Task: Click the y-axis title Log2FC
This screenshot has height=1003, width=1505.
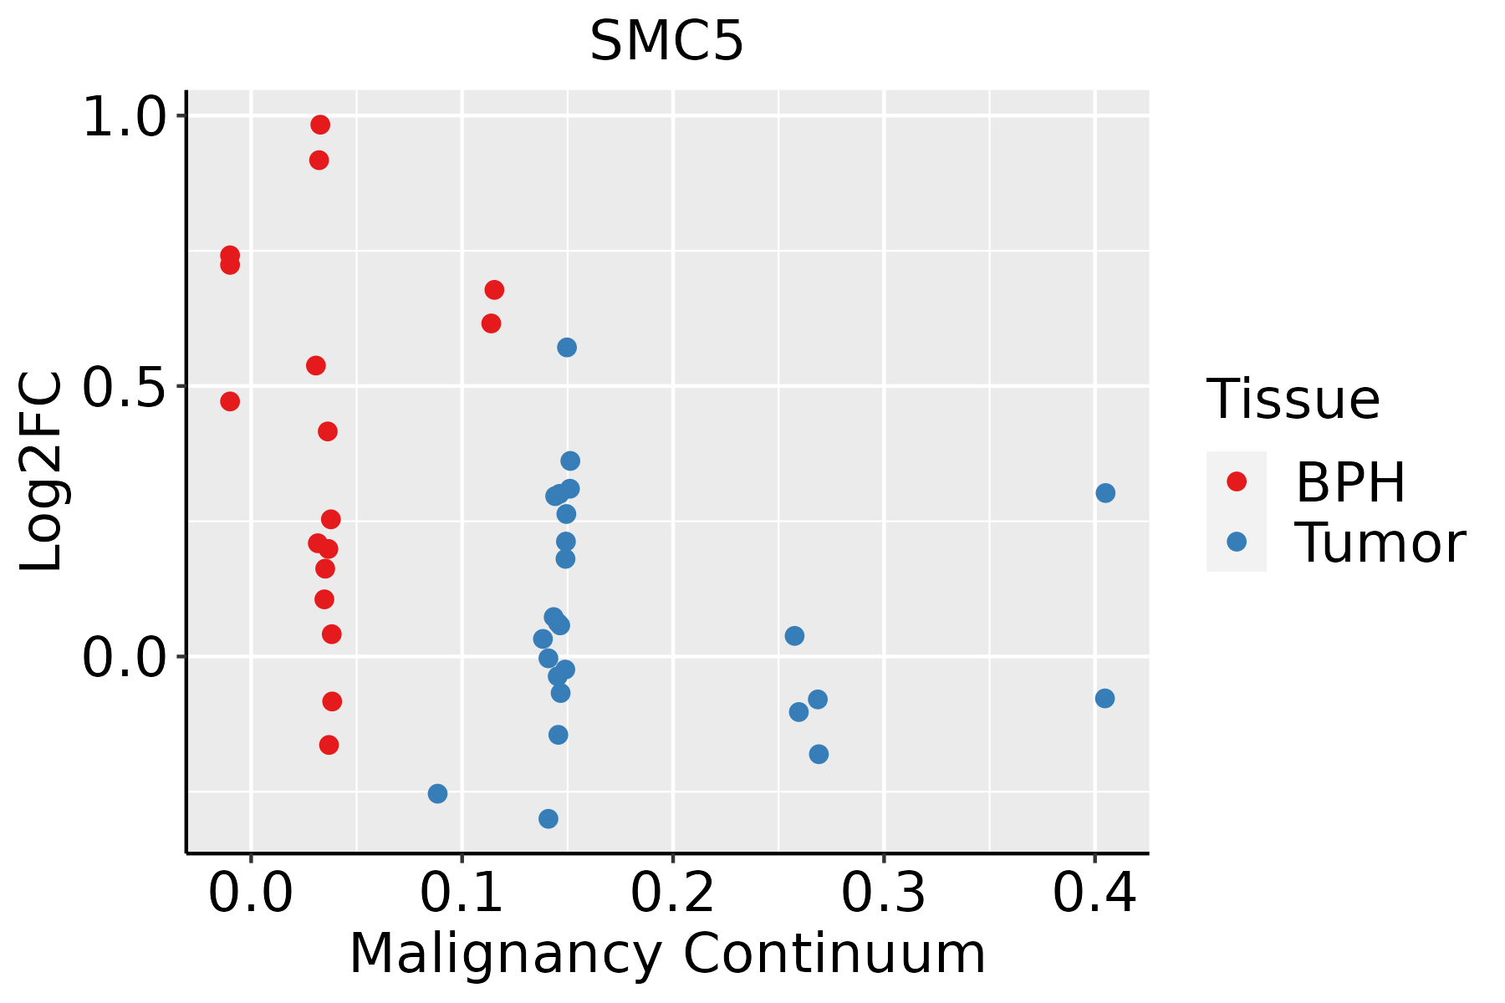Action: [x=40, y=472]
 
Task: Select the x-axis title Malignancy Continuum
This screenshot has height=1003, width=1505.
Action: [x=666, y=954]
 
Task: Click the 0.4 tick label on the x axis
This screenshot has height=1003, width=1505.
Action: [x=1094, y=893]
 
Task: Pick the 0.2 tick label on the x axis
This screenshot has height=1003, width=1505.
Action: [x=672, y=893]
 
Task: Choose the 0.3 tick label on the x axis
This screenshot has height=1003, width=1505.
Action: [x=883, y=893]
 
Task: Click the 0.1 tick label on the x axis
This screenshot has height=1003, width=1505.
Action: [x=462, y=893]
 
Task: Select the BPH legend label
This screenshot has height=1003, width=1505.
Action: [x=1350, y=482]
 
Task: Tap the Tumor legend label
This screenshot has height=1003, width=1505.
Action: [x=1380, y=543]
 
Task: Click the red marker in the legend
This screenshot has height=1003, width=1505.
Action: [x=1236, y=481]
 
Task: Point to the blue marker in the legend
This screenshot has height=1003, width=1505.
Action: [x=1236, y=542]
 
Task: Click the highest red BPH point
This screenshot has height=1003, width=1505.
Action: [x=320, y=125]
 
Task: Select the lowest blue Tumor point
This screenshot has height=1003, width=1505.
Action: [x=548, y=818]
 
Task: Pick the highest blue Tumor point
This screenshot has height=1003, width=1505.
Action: [x=567, y=347]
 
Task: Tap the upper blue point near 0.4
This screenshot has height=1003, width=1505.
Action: [x=1105, y=493]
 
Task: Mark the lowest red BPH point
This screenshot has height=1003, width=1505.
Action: [x=329, y=745]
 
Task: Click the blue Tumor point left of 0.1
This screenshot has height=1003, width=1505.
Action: [x=437, y=793]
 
